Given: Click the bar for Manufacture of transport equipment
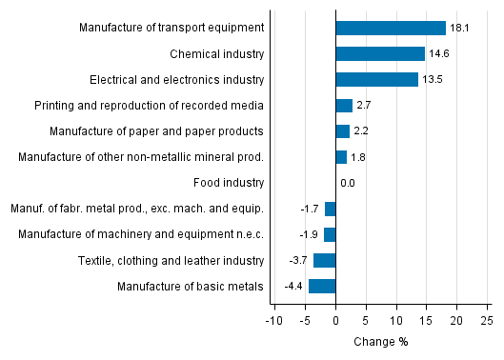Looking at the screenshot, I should [x=391, y=28].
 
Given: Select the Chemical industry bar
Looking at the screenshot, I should [x=380, y=53].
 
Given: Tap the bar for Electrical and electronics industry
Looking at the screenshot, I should [x=376, y=79].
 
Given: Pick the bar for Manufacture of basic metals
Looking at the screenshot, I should [x=322, y=286].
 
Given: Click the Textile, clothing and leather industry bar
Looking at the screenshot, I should [x=324, y=260].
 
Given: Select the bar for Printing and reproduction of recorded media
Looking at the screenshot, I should [x=344, y=105].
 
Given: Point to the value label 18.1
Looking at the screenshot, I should [x=459, y=29].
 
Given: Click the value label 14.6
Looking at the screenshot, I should [x=438, y=54].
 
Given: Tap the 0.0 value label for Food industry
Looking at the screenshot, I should [x=347, y=183].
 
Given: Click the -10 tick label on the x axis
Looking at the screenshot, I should [x=274, y=321].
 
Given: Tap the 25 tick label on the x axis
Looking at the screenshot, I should [x=486, y=321].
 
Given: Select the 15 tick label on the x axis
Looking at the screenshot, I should [x=426, y=321].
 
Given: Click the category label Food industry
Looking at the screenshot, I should [x=230, y=183].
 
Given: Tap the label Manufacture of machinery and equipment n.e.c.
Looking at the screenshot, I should [x=164, y=234].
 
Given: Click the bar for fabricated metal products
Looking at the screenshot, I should [x=330, y=209].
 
